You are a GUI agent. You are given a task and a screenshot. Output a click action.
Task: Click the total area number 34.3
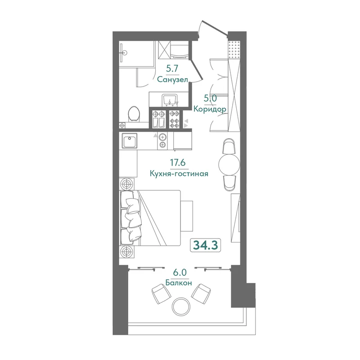pos(205,245)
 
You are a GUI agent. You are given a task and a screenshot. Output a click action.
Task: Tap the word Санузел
pos(173,80)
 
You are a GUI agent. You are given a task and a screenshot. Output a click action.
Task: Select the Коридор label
pos(210,109)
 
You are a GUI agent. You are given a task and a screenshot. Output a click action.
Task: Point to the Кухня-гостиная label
pos(179,174)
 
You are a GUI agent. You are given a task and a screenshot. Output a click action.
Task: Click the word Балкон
pos(179,283)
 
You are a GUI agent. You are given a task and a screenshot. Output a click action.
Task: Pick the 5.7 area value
pos(172,68)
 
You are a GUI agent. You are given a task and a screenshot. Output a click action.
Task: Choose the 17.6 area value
pos(178,162)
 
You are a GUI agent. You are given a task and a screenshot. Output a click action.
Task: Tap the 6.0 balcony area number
pos(180,273)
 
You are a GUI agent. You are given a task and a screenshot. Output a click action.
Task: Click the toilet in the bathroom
pos(134,114)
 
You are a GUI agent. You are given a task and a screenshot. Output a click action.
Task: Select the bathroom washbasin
pos(170,100)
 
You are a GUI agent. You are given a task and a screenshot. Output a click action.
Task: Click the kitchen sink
pos(130,141)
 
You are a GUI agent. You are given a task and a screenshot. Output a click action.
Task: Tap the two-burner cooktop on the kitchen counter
pos(162,141)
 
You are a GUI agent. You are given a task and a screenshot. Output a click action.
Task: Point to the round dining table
pos(229,165)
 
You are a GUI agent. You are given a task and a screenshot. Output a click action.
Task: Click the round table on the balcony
pos(181,306)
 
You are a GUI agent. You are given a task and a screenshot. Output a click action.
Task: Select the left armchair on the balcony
pos(162,294)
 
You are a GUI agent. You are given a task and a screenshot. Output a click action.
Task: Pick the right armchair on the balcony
pos(201,294)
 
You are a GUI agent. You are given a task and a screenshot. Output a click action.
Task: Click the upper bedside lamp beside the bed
pos(126,184)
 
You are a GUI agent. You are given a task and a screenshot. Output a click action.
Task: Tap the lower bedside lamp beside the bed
pos(126,252)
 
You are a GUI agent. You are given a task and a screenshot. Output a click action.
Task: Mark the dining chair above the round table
pos(229,147)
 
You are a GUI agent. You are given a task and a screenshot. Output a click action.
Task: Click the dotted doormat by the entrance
pos(234,50)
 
